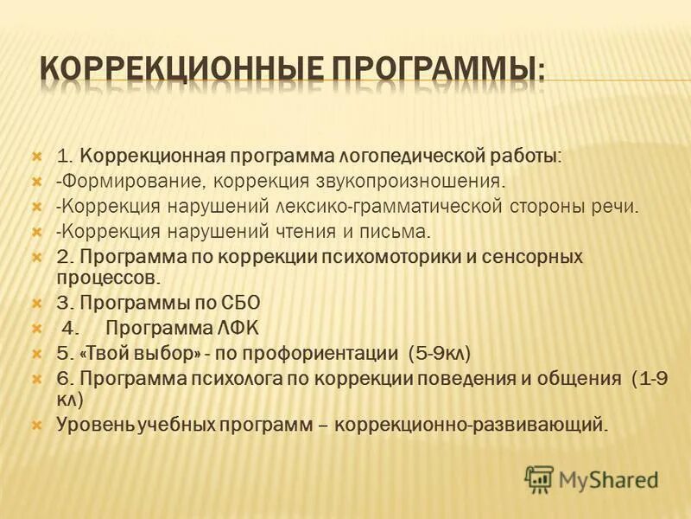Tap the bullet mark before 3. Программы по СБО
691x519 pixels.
[x=36, y=304]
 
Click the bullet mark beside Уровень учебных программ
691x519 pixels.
[x=36, y=425]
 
